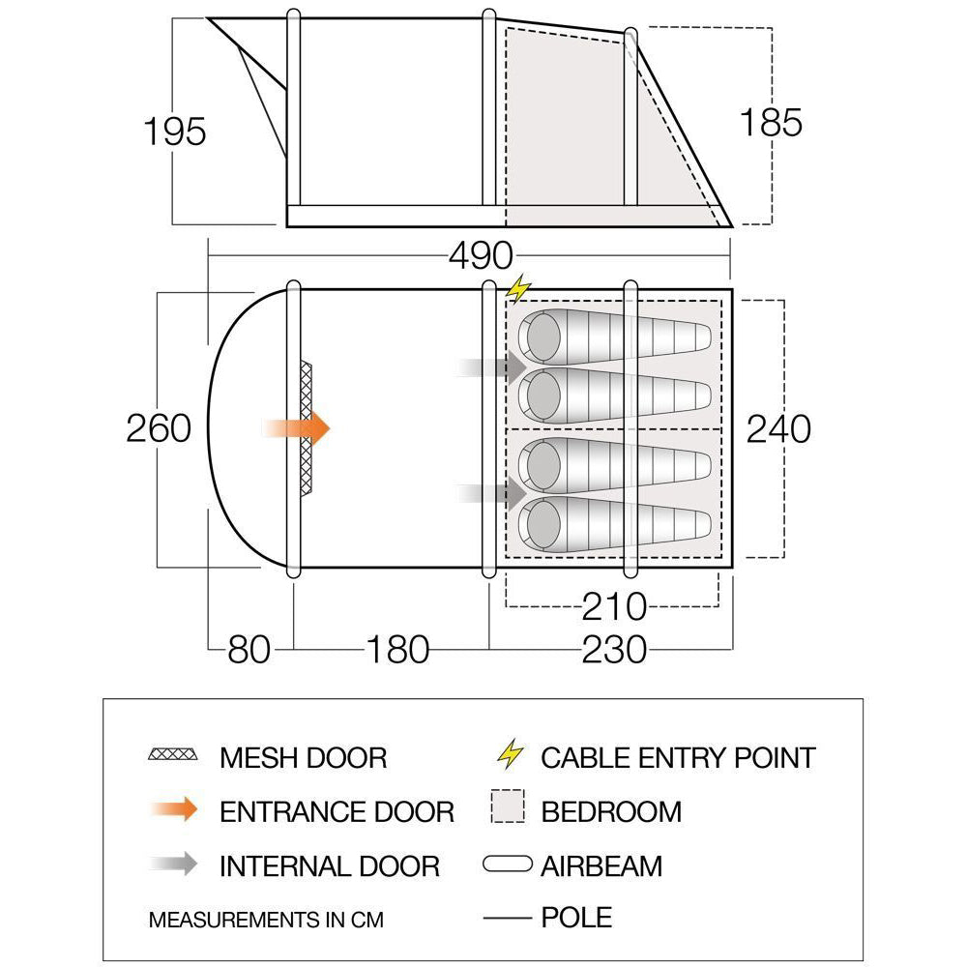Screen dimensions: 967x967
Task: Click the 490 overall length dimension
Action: point(481,255)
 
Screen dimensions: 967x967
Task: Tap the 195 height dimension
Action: point(174,132)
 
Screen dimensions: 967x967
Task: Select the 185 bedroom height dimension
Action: point(771,122)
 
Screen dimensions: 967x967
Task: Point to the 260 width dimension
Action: point(159,428)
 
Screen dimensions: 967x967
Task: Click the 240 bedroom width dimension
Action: point(778,429)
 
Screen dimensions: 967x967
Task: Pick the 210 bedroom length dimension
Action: point(614,607)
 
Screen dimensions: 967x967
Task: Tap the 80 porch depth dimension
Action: point(249,650)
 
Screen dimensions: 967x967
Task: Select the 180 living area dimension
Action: point(397,650)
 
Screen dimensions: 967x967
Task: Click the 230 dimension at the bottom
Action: point(614,650)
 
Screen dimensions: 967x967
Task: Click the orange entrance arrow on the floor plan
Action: point(296,428)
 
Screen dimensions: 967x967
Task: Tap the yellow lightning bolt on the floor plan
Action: point(518,288)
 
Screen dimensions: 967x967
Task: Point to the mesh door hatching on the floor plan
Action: point(306,428)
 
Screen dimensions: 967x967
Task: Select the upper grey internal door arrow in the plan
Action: point(491,367)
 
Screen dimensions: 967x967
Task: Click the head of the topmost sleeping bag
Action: point(542,337)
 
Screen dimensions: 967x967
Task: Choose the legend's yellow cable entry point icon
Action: point(511,753)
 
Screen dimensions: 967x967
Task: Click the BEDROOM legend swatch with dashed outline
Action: point(509,806)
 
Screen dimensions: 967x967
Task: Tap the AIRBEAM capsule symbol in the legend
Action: point(508,864)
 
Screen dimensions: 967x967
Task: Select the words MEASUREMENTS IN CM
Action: point(266,921)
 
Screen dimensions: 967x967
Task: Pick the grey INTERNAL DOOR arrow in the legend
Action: point(174,864)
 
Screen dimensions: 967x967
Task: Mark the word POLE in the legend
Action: point(576,918)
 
